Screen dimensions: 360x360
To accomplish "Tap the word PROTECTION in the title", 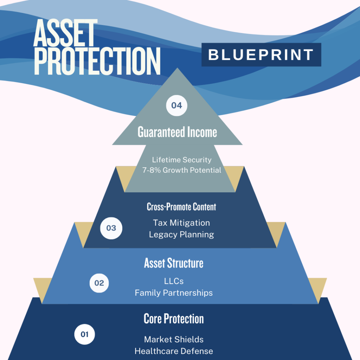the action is click(97, 61).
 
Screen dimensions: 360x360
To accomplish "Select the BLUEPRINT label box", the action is click(261, 54).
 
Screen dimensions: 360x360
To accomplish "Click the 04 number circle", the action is click(176, 105).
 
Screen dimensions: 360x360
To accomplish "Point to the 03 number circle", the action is click(111, 228).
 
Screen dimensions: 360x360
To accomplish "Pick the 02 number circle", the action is click(99, 283).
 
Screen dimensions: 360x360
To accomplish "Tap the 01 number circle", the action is click(84, 334).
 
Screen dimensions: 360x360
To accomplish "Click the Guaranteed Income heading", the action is click(177, 132).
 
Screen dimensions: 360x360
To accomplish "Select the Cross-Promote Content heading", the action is click(181, 207).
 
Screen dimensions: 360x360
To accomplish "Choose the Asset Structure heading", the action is click(174, 263).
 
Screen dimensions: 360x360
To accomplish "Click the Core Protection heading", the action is click(174, 319).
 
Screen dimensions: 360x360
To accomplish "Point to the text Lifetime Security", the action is click(182, 160).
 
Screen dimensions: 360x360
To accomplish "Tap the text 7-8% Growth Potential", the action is click(182, 170).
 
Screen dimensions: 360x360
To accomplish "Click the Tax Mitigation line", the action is click(181, 223).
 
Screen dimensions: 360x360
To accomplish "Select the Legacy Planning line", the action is click(181, 234).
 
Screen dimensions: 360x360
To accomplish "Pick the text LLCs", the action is click(174, 281).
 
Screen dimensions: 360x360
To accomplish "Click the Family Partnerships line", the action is click(174, 293).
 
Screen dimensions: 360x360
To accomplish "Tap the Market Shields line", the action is click(174, 340).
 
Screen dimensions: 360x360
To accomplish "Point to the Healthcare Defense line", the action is click(174, 351).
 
